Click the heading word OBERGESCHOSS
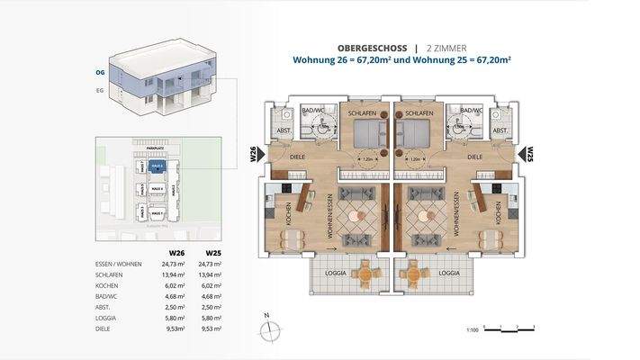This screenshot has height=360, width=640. (363, 47)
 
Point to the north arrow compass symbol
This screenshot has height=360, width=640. (266, 329)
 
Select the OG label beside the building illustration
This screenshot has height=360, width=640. (100, 71)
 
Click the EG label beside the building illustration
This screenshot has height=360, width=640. (100, 91)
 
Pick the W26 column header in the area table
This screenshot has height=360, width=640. (177, 253)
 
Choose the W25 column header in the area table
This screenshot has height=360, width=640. (213, 253)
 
